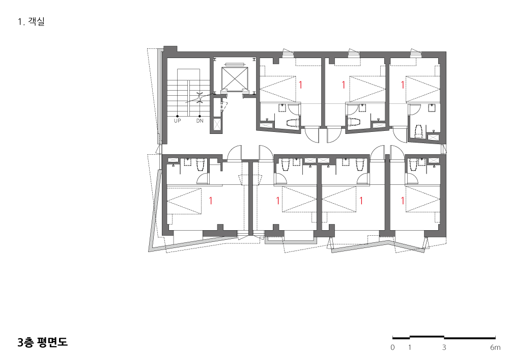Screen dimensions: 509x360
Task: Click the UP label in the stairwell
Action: pyautogui.click(x=177, y=121)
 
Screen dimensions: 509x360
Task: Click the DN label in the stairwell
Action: pyautogui.click(x=200, y=121)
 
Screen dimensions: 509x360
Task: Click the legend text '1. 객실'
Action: pyautogui.click(x=31, y=22)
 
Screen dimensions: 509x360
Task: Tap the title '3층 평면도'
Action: pyautogui.click(x=43, y=343)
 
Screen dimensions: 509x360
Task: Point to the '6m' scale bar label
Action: pyautogui.click(x=495, y=347)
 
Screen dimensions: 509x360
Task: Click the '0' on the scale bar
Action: pyautogui.click(x=393, y=347)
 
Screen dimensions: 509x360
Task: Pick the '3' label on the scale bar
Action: pyautogui.click(x=444, y=347)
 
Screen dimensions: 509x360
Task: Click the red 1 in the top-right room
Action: pyautogui.click(x=403, y=85)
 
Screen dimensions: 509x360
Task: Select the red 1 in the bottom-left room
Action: pyautogui.click(x=211, y=201)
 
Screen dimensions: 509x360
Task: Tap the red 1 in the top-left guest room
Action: pyautogui.click(x=301, y=85)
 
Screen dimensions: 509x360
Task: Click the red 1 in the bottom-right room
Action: pyautogui.click(x=403, y=201)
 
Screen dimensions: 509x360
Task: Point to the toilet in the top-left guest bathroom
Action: pyautogui.click(x=292, y=123)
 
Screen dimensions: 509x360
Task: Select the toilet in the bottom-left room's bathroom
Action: pyautogui.click(x=200, y=165)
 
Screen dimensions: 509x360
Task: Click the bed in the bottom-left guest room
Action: pyautogui.click(x=184, y=201)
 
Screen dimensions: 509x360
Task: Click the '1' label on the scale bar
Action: pyautogui.click(x=410, y=347)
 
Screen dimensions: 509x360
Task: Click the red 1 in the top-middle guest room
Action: pyautogui.click(x=344, y=85)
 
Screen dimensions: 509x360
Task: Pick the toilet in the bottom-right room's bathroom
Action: pyautogui.click(x=413, y=165)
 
